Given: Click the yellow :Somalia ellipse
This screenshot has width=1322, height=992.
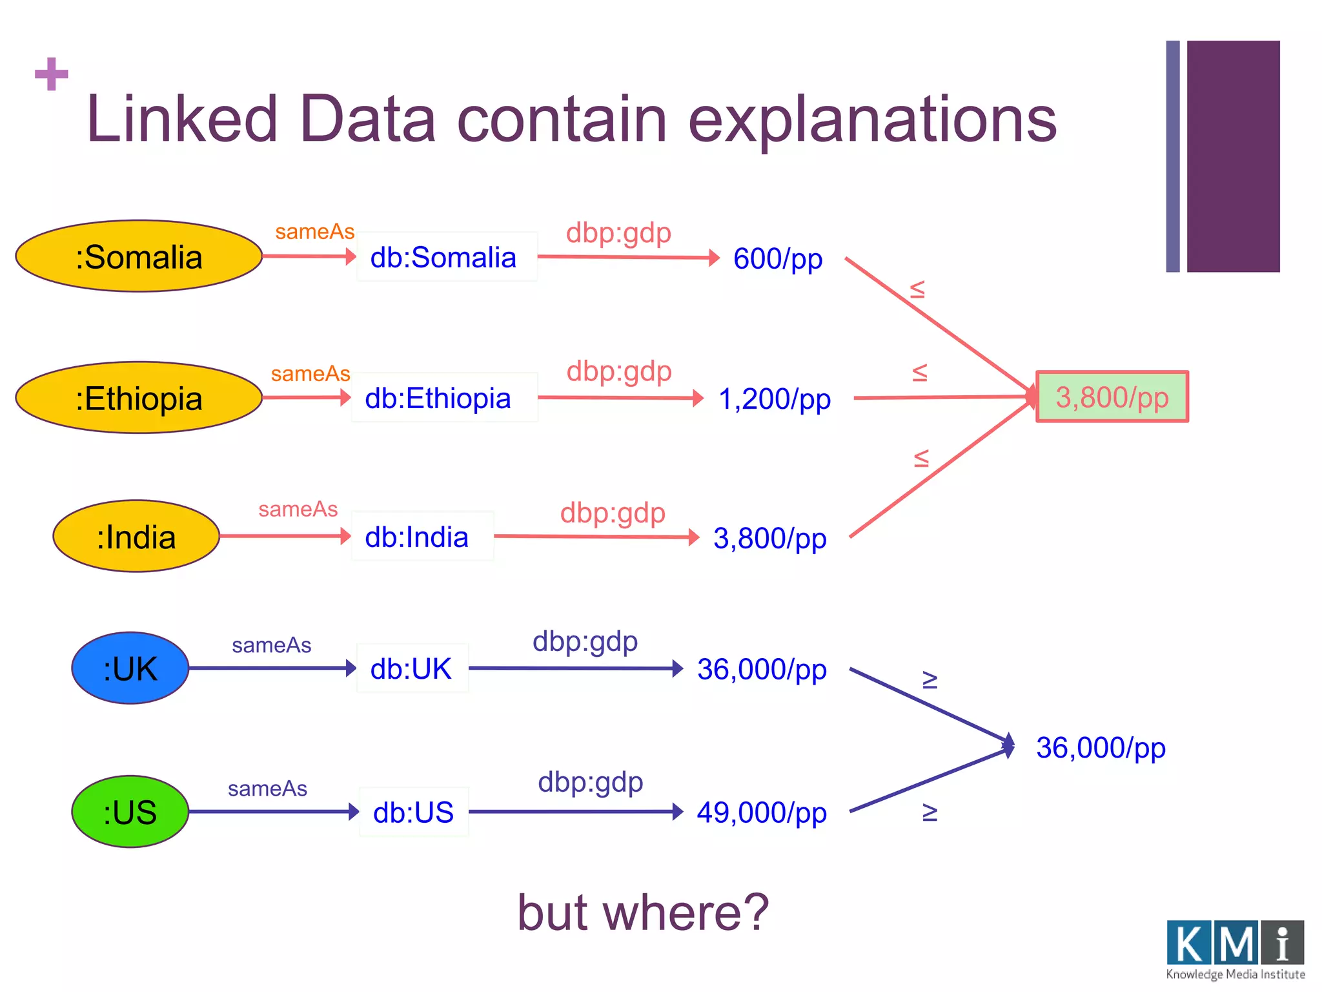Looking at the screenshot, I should click(x=139, y=256).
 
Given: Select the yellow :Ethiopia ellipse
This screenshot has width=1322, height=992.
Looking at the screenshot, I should click(x=139, y=398).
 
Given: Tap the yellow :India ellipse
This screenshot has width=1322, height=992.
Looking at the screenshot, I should click(x=136, y=537).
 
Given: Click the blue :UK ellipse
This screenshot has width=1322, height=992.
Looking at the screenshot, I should click(x=130, y=668).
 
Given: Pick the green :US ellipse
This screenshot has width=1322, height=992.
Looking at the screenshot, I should click(x=130, y=812).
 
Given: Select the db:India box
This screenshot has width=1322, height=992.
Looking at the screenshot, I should click(x=422, y=537).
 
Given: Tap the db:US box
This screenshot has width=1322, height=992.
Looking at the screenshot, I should click(x=414, y=812).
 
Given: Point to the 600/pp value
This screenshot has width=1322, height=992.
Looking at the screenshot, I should click(x=778, y=259).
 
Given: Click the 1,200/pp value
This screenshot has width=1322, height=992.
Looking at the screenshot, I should click(x=774, y=399).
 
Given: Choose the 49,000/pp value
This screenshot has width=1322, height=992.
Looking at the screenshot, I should click(x=762, y=812).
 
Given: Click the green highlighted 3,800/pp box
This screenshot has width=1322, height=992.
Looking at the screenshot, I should click(x=1112, y=397).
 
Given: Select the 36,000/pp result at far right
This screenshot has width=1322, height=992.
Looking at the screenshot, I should click(x=1101, y=748).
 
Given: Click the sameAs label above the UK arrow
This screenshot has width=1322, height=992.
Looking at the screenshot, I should click(x=271, y=645).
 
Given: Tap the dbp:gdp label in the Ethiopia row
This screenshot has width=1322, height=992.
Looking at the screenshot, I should click(x=619, y=371).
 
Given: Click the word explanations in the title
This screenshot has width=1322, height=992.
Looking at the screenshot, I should click(x=872, y=119).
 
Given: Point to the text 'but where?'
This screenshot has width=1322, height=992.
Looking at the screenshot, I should click(x=643, y=912).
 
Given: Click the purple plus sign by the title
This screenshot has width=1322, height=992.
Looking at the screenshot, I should click(x=52, y=74).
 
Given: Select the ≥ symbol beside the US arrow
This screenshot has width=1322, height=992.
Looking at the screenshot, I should click(x=930, y=812).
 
